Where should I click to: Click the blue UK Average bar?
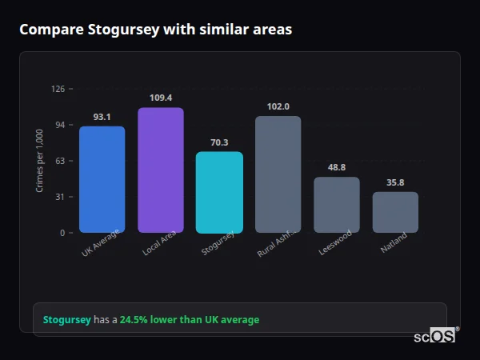click(x=102, y=179)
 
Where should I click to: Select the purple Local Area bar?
click(x=160, y=170)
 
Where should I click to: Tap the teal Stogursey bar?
click(x=219, y=192)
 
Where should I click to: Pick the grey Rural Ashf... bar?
click(x=278, y=174)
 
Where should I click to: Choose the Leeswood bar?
click(x=336, y=205)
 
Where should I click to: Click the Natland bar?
click(x=395, y=212)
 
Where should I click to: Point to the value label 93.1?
click(x=102, y=117)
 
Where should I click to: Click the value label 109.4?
click(x=160, y=98)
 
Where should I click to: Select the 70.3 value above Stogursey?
click(x=219, y=142)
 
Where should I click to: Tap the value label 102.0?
click(x=278, y=106)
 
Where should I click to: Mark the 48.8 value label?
click(x=336, y=167)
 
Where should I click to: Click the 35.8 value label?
click(x=395, y=182)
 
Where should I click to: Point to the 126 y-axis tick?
click(x=58, y=89)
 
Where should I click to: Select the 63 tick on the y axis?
click(x=60, y=161)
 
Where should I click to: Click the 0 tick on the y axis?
click(x=62, y=233)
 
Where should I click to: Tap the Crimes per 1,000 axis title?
click(x=39, y=161)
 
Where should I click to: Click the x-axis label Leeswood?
click(x=335, y=243)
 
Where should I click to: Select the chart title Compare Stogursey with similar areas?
click(x=155, y=30)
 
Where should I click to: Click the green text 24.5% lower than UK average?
click(x=190, y=319)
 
